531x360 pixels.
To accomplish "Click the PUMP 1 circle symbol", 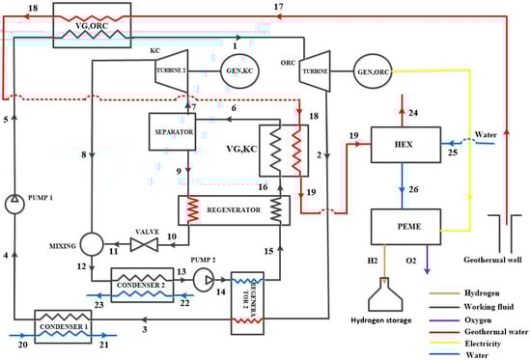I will point(15,205).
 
